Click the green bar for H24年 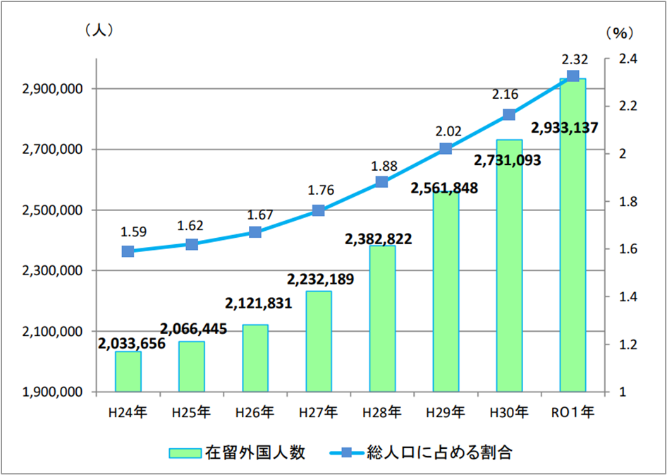[x=128, y=372]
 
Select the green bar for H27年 [x=319, y=342]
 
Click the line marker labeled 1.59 [x=128, y=251]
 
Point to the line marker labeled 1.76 [x=318, y=210]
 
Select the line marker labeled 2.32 [x=573, y=76]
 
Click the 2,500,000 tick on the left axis [x=53, y=210]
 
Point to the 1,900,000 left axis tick [x=53, y=392]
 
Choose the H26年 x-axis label [x=255, y=411]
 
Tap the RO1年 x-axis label [x=573, y=411]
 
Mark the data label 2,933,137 [x=564, y=128]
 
